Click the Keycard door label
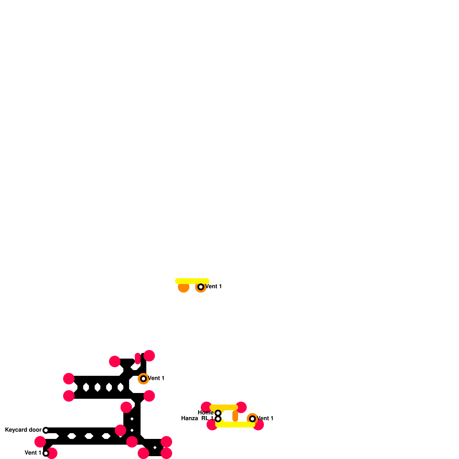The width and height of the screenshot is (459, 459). coord(23,430)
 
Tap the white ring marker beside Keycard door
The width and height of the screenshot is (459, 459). coord(46,430)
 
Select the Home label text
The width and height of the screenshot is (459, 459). coord(205,413)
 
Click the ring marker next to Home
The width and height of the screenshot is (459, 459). coord(218,413)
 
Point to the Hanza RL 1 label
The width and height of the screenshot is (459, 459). coord(197,418)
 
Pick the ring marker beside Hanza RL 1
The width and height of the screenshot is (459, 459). coord(218,419)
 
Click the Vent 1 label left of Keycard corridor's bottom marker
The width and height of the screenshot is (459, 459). coord(33,453)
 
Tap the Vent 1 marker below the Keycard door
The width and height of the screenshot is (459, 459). coord(46,453)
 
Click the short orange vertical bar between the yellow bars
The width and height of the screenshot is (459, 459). coord(235,416)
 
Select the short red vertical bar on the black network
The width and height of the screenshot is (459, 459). coord(138,359)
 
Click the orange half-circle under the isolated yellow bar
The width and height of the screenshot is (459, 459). coord(184,288)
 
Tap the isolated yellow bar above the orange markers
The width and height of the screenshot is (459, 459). coord(192,281)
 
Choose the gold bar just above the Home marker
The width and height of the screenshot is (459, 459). coord(224,407)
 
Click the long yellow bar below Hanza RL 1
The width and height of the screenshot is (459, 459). coord(235,425)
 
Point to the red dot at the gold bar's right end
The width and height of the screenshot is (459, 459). coord(242,407)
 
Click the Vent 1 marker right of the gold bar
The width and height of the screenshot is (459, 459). coord(252,419)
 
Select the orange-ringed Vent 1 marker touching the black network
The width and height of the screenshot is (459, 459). coord(143,379)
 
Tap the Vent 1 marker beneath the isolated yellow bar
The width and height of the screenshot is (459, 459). coord(201,287)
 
